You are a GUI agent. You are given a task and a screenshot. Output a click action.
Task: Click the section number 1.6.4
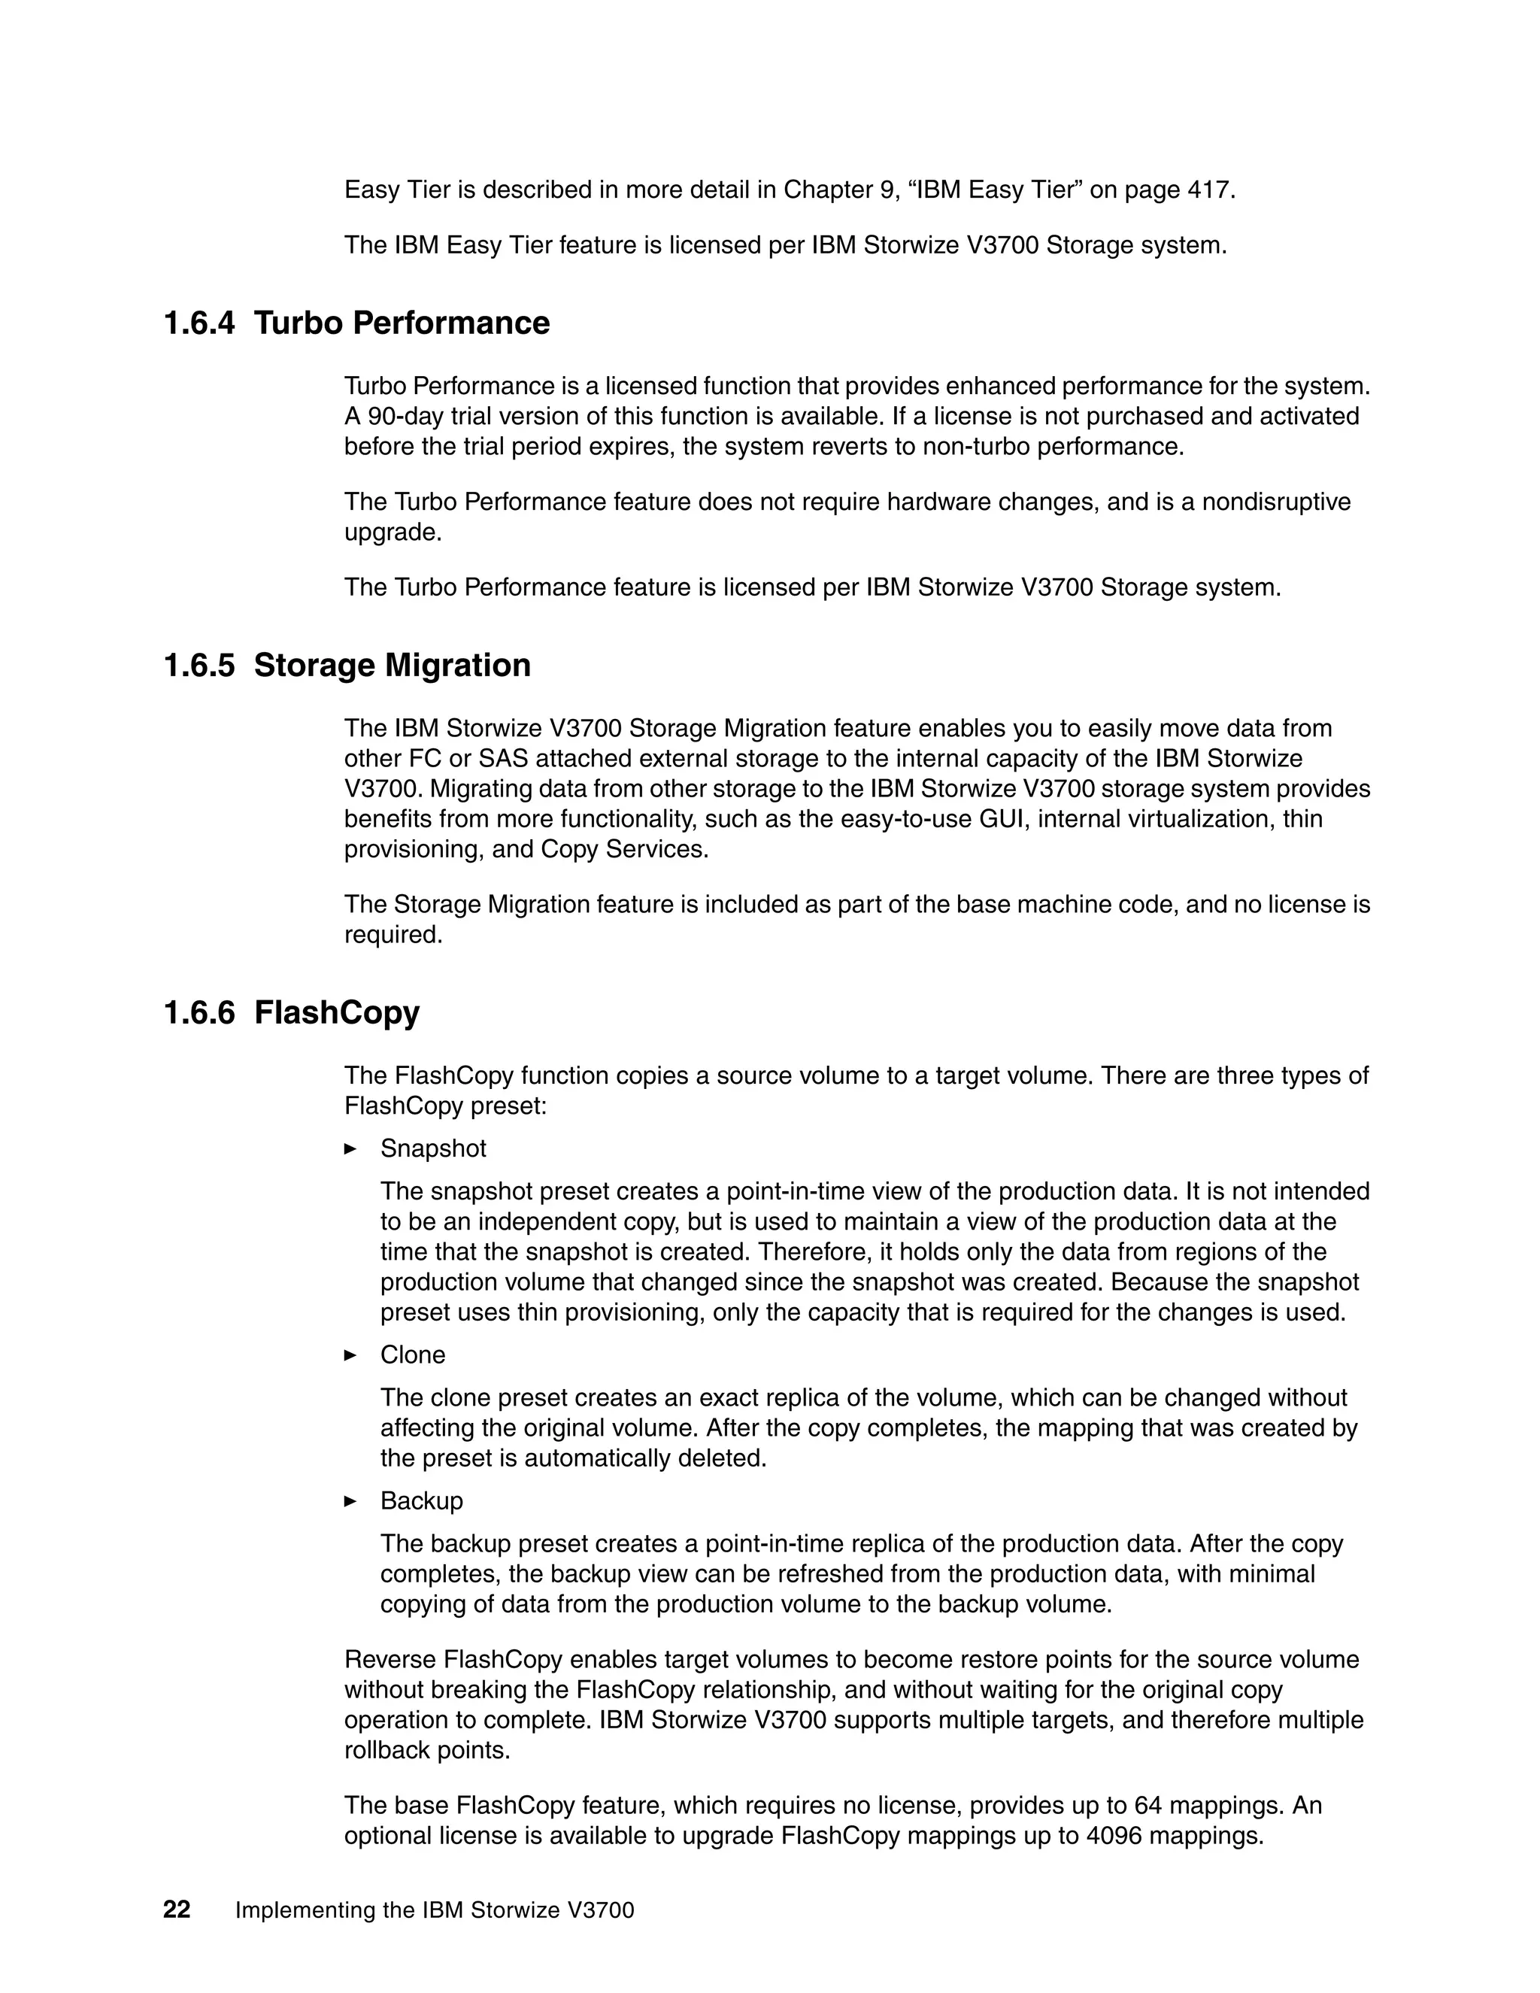[198, 323]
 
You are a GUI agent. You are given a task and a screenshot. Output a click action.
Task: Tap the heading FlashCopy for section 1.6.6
[337, 1012]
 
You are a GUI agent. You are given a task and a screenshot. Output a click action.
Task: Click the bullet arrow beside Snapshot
[350, 1149]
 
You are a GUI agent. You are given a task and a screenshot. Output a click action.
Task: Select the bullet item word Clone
[412, 1355]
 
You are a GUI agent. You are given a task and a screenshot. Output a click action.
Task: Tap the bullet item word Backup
[422, 1501]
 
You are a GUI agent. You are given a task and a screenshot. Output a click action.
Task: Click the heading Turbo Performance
[402, 323]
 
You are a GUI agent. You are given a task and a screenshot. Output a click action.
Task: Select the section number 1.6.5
[198, 666]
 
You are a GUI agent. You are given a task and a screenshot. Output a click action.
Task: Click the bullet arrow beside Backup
[350, 1501]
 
